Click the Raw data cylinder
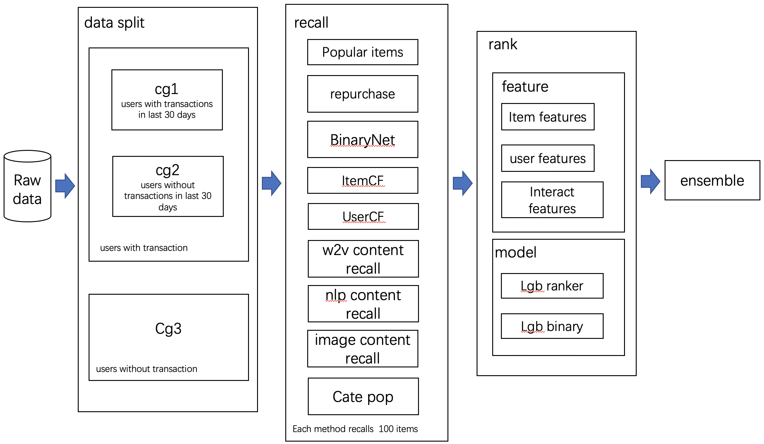pyautogui.click(x=27, y=188)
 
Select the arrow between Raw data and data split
pyautogui.click(x=65, y=186)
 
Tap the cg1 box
pyautogui.click(x=167, y=100)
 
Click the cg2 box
pyautogui.click(x=168, y=186)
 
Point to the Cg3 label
pyautogui.click(x=168, y=328)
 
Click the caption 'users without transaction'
pyautogui.click(x=147, y=369)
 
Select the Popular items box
pyautogui.click(x=362, y=52)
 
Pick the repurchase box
pyautogui.click(x=362, y=94)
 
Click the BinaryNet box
pyautogui.click(x=362, y=139)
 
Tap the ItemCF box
pyautogui.click(x=362, y=181)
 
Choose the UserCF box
pyautogui.click(x=363, y=217)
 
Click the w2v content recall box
pyautogui.click(x=363, y=259)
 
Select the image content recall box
pyautogui.click(x=362, y=349)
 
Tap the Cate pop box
pyautogui.click(x=363, y=396)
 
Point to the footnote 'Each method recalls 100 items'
pyautogui.click(x=355, y=429)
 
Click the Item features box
pyautogui.click(x=547, y=117)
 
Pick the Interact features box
pyautogui.click(x=552, y=200)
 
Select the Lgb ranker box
pyautogui.click(x=552, y=286)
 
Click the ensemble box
pyautogui.click(x=712, y=181)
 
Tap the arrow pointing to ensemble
pyautogui.click(x=650, y=182)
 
